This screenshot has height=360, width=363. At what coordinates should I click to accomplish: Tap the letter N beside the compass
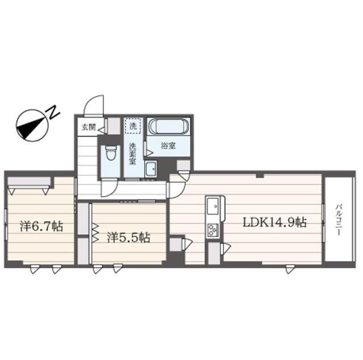coord(54,112)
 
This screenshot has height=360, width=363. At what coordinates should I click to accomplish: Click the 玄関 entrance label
coord(88,127)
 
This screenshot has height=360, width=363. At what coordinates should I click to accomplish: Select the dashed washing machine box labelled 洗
coord(132,126)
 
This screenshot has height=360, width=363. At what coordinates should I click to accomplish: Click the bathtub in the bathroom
coord(168,126)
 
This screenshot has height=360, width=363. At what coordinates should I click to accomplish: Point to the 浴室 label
coord(168,146)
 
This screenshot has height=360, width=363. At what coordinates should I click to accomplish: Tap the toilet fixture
coord(111,153)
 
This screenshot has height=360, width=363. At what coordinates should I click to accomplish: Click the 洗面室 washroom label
coord(132,154)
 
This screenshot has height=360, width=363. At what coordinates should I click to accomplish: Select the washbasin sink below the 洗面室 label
coord(150,169)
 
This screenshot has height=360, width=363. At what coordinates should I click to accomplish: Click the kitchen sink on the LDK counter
coord(213,206)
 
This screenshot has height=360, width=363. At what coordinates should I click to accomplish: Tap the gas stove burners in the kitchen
coord(213,229)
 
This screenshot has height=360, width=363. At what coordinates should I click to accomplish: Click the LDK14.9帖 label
coord(275,223)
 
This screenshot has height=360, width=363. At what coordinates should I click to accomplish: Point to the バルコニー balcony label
coord(339,219)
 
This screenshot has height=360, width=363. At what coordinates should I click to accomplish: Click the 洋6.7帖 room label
coord(41,226)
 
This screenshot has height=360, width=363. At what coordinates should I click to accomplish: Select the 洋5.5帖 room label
coord(129,238)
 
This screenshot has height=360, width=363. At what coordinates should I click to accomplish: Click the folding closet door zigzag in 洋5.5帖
coord(95,233)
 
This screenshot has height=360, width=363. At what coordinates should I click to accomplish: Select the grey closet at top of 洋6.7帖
coord(29,181)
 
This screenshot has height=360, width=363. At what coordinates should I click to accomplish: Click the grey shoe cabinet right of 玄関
coord(114,126)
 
